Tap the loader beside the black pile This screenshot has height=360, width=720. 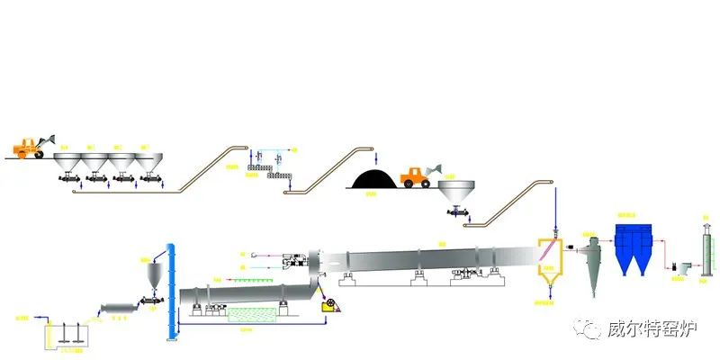pos(417,176)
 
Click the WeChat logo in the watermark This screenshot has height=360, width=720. pos(590,329)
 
